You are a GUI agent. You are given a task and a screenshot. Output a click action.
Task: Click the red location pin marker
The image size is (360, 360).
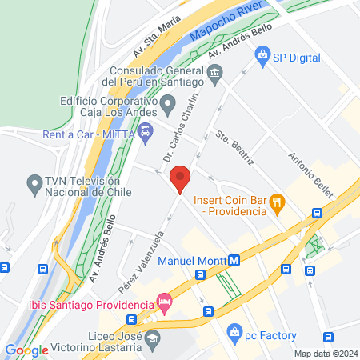pyautogui.click(x=181, y=178)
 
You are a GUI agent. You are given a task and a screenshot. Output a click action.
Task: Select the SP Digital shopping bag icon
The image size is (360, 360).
pyautogui.click(x=262, y=57)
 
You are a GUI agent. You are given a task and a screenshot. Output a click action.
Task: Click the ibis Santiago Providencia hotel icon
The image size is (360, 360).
pyautogui.click(x=165, y=304)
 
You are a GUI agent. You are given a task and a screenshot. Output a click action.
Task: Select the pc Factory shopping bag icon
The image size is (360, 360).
pyautogui.click(x=234, y=330)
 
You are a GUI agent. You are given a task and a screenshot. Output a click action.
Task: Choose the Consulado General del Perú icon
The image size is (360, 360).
pyautogui.click(x=214, y=74)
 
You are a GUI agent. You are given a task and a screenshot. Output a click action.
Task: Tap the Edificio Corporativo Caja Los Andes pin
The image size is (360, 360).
pyautogui.click(x=168, y=103)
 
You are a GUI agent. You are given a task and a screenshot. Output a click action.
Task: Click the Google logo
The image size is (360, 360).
pyautogui.click(x=26, y=350)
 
